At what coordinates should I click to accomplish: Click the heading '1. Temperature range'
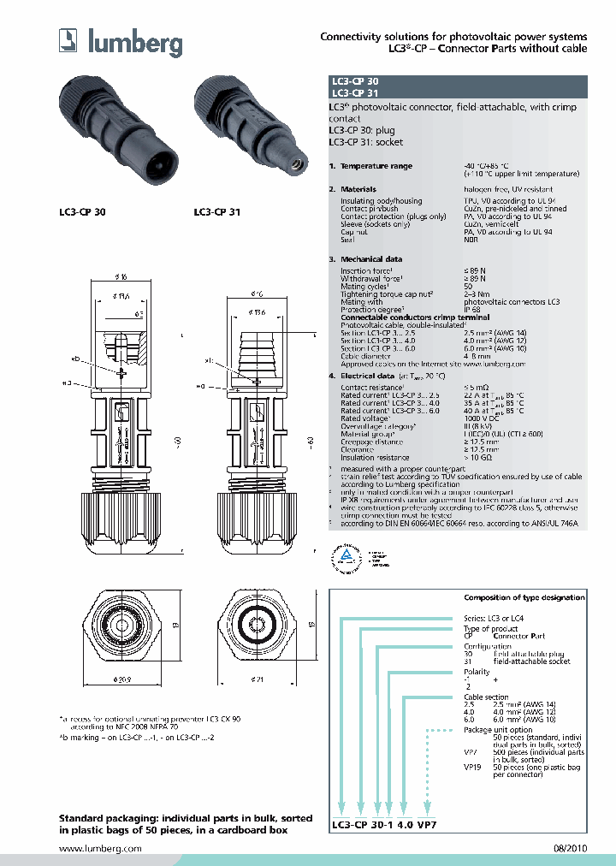(370, 166)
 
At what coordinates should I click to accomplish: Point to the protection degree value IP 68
(471, 309)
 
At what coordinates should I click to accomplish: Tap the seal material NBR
(471, 240)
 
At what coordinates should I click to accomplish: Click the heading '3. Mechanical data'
(366, 258)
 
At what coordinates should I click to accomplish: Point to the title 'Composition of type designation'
(524, 597)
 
